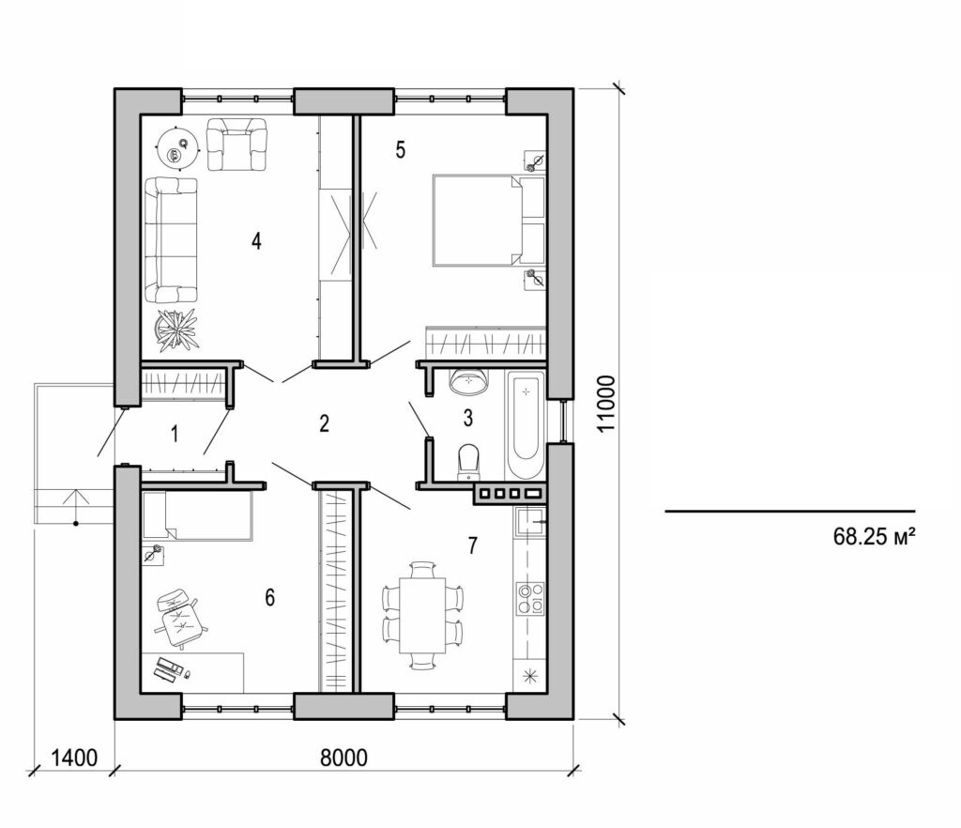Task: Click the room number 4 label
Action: click(256, 240)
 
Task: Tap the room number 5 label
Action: click(400, 150)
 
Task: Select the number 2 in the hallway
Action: click(324, 423)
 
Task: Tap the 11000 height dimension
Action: click(607, 404)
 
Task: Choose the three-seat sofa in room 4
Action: click(171, 239)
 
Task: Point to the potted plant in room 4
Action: click(177, 330)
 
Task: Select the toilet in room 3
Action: click(467, 462)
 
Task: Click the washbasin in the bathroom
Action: click(468, 380)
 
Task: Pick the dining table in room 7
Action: click(423, 615)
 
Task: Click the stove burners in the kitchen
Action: click(530, 597)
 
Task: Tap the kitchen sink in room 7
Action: click(530, 521)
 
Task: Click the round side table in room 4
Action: click(175, 145)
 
